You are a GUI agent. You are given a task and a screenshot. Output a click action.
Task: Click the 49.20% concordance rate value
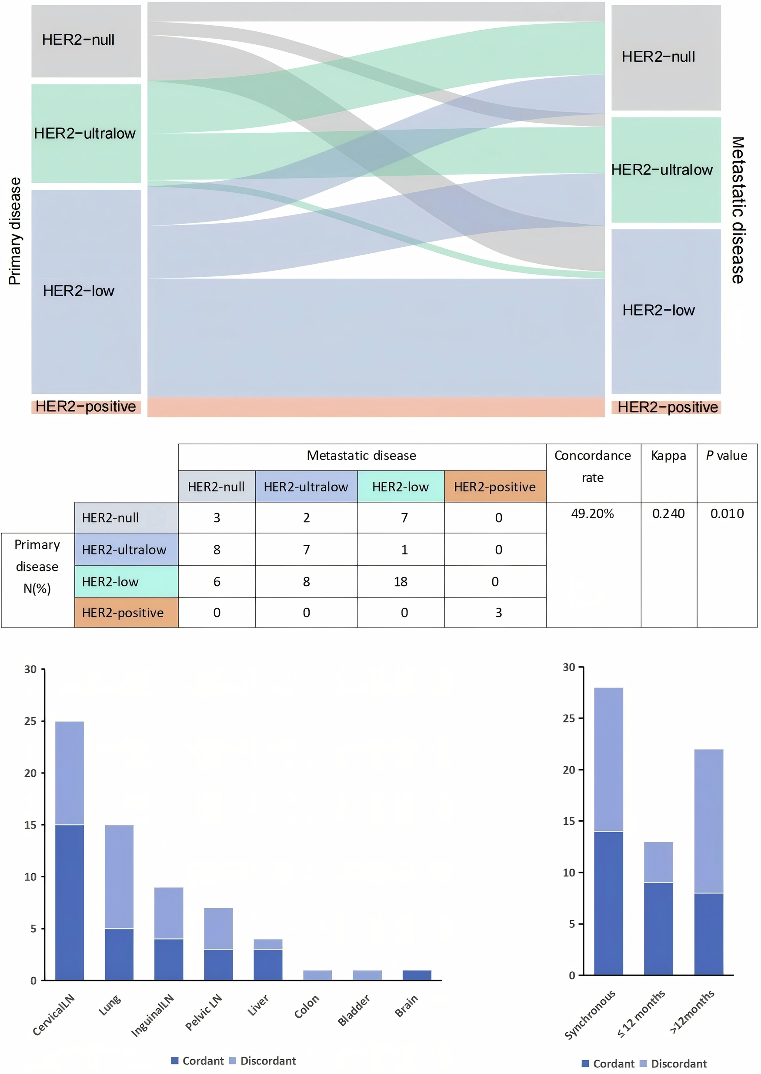click(x=592, y=514)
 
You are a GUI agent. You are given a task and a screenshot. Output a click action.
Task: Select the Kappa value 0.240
click(x=668, y=514)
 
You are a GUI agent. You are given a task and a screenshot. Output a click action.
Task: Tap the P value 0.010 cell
click(x=727, y=514)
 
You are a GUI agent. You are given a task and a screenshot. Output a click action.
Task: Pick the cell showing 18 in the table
click(x=400, y=582)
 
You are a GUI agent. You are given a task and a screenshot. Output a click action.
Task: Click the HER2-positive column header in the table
click(x=494, y=487)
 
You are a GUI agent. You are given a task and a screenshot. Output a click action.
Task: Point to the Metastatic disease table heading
click(x=361, y=456)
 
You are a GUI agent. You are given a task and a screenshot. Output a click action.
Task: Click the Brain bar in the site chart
click(x=417, y=976)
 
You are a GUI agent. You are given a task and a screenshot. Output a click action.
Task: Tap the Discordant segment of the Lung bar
click(x=119, y=876)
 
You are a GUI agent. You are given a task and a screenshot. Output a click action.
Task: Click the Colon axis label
click(x=307, y=1007)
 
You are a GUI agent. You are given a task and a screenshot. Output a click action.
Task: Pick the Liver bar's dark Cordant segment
click(x=267, y=965)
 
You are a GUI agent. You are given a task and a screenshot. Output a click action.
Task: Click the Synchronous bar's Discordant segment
click(x=608, y=759)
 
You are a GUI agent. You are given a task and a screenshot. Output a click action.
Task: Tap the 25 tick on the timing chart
click(x=568, y=718)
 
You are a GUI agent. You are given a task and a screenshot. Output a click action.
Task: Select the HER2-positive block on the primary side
click(x=86, y=406)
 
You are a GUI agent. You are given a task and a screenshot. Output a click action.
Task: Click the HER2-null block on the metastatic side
click(x=665, y=57)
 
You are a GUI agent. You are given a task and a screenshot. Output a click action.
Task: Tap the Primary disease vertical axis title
click(x=15, y=231)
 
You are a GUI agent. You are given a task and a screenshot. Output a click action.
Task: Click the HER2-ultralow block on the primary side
click(x=86, y=134)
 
